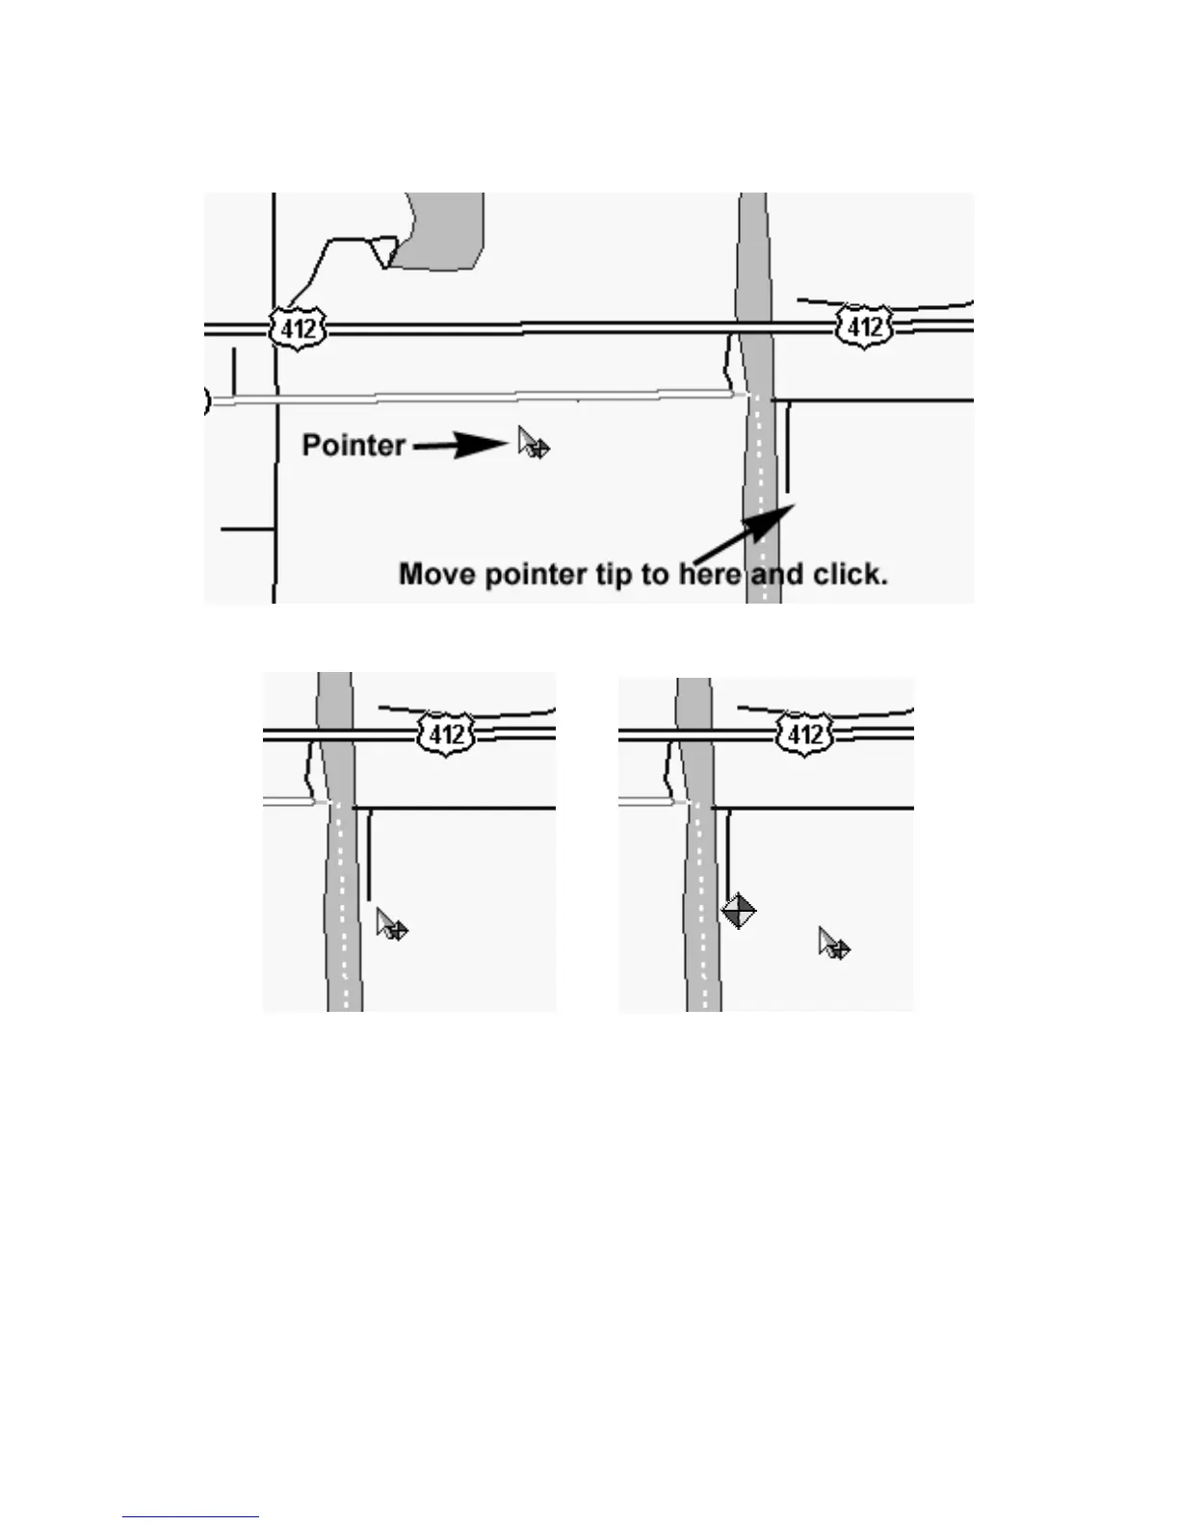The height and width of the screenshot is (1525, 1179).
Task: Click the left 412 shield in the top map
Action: click(x=298, y=328)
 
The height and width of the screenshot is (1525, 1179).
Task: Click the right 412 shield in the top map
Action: click(x=864, y=327)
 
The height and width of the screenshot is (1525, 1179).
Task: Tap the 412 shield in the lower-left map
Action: click(x=446, y=735)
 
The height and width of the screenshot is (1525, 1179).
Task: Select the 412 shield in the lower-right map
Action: click(x=804, y=736)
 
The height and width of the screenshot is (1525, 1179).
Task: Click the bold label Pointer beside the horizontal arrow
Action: click(x=354, y=445)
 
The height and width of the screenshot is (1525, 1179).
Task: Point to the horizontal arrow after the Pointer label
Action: click(x=460, y=445)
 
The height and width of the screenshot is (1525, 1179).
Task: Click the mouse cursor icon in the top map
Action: click(x=532, y=443)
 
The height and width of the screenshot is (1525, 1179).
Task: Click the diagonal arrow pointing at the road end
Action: click(x=745, y=537)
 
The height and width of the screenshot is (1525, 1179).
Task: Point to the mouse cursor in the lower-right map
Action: click(x=833, y=943)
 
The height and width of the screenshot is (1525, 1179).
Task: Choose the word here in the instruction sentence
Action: click(x=711, y=575)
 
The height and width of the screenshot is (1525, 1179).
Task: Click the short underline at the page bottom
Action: click(x=190, y=1517)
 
